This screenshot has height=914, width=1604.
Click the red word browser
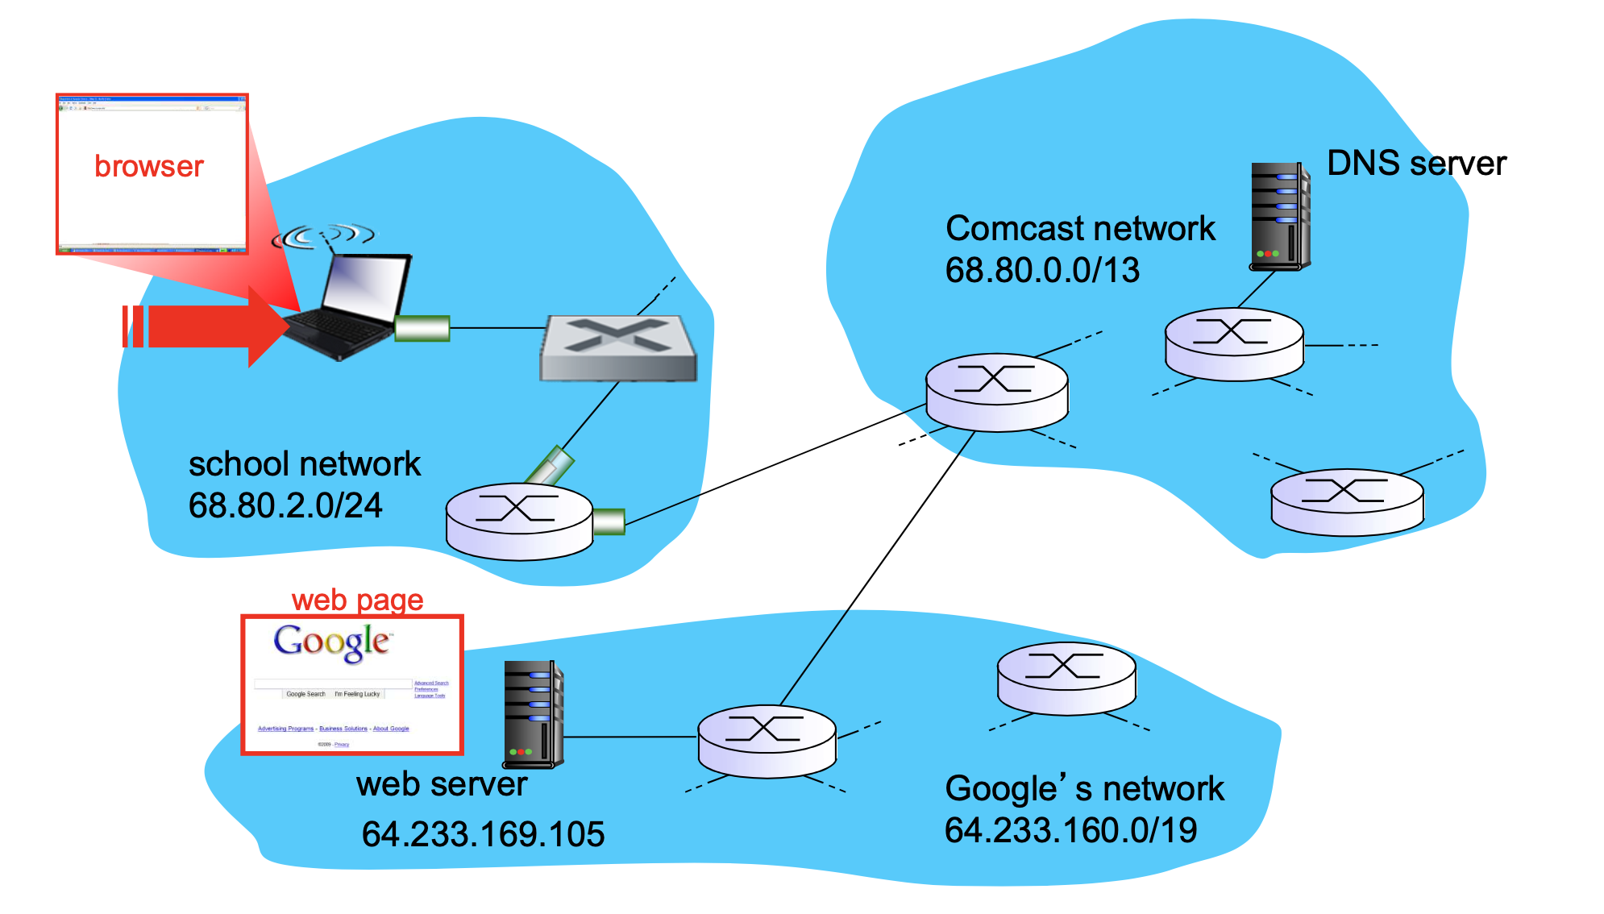point(149,166)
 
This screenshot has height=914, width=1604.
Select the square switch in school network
point(617,347)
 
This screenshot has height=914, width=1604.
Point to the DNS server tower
point(1279,215)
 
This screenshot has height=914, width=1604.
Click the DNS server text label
point(1415,164)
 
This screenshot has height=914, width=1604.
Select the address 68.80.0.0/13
point(1041,270)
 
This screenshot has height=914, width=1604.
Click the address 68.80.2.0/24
point(285,506)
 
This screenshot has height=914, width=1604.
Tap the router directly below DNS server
point(1233,343)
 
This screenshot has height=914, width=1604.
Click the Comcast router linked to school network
point(996,392)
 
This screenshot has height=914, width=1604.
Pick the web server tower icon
point(532,713)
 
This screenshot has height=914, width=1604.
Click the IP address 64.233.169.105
point(482,834)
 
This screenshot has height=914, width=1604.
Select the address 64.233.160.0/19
point(1070,830)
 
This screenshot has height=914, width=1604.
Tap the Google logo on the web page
point(331,642)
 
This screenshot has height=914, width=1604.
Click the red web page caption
point(357,600)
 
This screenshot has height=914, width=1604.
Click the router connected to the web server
point(766,741)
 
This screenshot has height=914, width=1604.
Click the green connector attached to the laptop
point(422,328)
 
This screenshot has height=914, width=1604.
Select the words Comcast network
point(1079,228)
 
